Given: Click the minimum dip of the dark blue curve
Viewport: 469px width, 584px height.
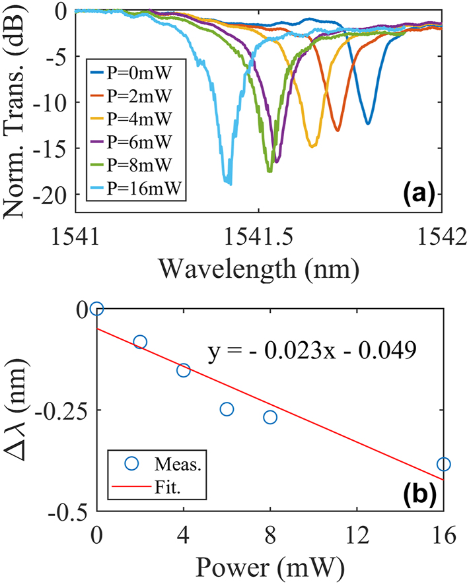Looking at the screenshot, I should pyautogui.click(x=368, y=123).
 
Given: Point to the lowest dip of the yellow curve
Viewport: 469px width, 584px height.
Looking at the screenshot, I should pyautogui.click(x=312, y=146).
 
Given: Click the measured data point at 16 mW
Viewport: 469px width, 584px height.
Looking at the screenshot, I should pyautogui.click(x=443, y=465).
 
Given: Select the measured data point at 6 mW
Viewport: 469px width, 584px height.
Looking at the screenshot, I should pyautogui.click(x=227, y=409).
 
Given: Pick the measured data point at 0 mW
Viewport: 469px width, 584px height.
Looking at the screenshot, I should pyautogui.click(x=97, y=308).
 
